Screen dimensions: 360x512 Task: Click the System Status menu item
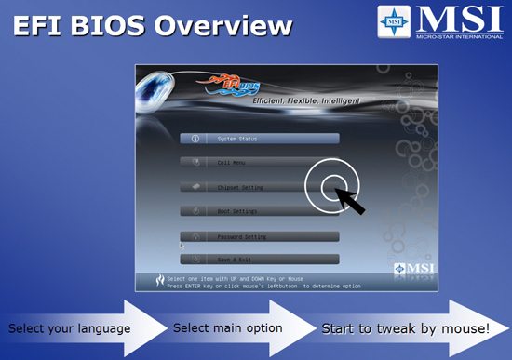[260, 139]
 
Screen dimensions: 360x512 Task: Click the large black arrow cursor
[351, 199]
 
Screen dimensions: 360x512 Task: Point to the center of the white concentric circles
[328, 186]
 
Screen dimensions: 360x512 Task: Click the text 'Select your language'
[70, 328]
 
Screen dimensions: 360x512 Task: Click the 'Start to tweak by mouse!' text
[406, 328]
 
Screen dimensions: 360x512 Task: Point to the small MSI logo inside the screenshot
[395, 271]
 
